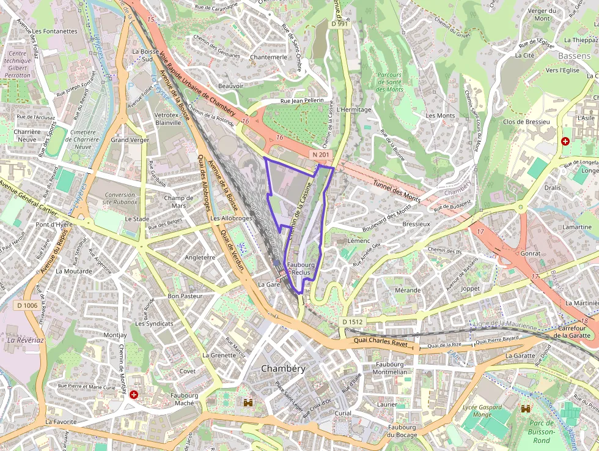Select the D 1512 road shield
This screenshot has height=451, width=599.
pyautogui.click(x=352, y=321)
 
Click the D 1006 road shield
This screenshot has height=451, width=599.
pyautogui.click(x=27, y=305)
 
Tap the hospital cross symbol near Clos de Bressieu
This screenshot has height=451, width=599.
pyautogui.click(x=565, y=141)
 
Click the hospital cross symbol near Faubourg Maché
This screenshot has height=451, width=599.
pyautogui.click(x=133, y=395)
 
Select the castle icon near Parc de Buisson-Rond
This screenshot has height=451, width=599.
pyautogui.click(x=525, y=408)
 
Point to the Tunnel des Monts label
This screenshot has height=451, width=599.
pyautogui.click(x=397, y=187)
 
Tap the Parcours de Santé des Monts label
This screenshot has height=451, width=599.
pyautogui.click(x=389, y=82)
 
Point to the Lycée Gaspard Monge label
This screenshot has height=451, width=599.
pyautogui.click(x=482, y=411)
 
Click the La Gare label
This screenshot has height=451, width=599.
pyautogui.click(x=269, y=285)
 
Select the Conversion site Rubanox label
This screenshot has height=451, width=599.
pyautogui.click(x=120, y=198)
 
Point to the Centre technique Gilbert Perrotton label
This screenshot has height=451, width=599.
pyautogui.click(x=17, y=64)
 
